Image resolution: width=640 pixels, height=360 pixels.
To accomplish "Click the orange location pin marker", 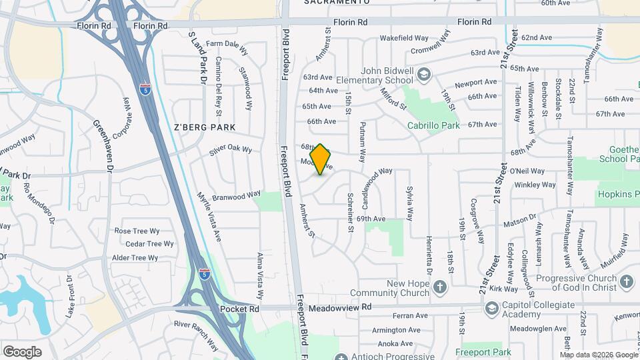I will coord(321,159).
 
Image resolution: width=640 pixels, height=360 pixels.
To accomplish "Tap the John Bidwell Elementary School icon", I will coord(424,76).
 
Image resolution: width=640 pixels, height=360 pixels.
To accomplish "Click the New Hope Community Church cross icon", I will coord(439,288).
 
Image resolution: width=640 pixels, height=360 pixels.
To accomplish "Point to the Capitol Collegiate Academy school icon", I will coord(491,309).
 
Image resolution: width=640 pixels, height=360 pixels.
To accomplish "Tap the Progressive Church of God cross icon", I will coord(626,282).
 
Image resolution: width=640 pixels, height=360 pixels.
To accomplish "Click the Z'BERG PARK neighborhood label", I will coord(205,127).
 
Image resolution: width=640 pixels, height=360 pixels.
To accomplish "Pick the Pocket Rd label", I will coord(240,309).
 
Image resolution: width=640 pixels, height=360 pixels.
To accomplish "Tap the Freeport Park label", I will coord(483,351).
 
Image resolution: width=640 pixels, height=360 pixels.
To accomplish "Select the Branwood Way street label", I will coord(236,196).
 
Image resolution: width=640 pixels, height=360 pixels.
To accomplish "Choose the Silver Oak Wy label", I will coord(230,150).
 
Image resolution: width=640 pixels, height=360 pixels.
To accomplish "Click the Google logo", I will coord(22,351).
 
